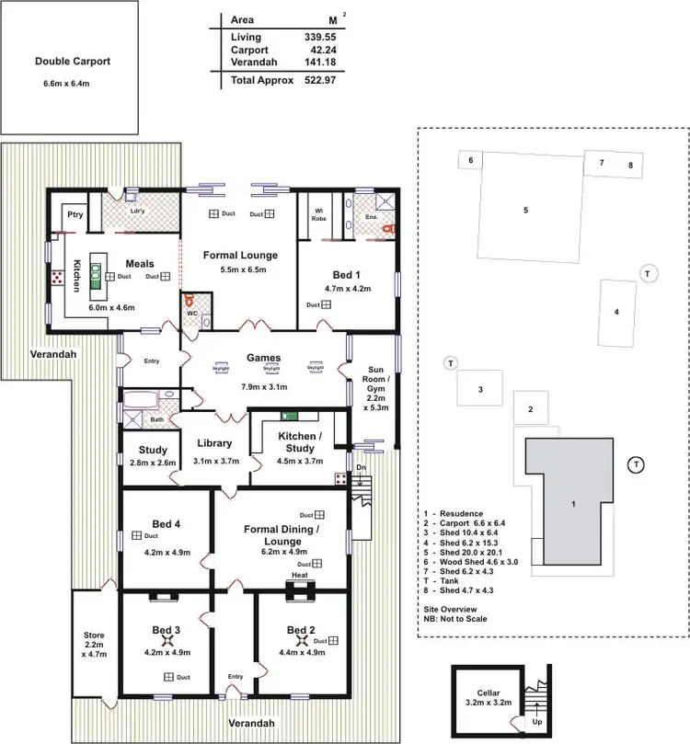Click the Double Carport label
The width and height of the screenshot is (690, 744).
[73, 62]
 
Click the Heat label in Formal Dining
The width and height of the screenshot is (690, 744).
[299, 575]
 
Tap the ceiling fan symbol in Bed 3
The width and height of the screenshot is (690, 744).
[167, 639]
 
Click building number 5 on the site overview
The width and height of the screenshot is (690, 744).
[525, 210]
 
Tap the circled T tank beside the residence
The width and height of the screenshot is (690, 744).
[636, 464]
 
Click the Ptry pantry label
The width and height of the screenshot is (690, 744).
[75, 214]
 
